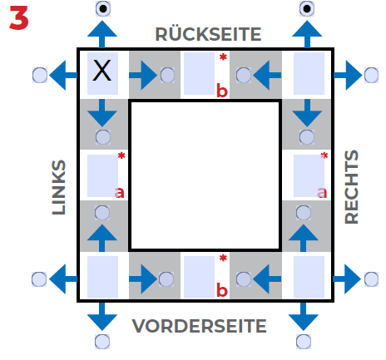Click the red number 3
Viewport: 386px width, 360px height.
tap(19, 17)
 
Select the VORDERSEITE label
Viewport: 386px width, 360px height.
tap(199, 326)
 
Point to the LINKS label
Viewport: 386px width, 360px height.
tap(59, 187)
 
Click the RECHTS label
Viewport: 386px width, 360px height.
tap(351, 187)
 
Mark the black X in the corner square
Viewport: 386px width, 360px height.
tap(101, 71)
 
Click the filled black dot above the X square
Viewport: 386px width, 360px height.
tap(103, 9)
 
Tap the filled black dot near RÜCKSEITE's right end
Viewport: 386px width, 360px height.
tap(307, 9)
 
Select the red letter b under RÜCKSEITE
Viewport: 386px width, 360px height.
tap(222, 91)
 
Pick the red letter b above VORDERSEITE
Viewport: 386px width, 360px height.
tap(222, 290)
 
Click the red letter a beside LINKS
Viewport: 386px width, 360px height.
tap(120, 192)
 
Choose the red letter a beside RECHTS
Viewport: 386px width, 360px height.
tap(322, 192)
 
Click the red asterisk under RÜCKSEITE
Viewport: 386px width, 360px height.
tap(223, 57)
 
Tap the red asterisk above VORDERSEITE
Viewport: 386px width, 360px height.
tap(223, 259)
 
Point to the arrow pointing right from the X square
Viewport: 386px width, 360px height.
tap(143, 75)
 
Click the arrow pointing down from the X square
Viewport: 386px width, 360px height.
tap(102, 113)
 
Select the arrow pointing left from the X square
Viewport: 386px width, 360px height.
tap(63, 75)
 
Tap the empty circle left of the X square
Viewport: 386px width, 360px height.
tap(40, 75)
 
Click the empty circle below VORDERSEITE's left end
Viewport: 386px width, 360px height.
tap(102, 342)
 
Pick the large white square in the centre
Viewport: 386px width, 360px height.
tap(205, 175)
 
